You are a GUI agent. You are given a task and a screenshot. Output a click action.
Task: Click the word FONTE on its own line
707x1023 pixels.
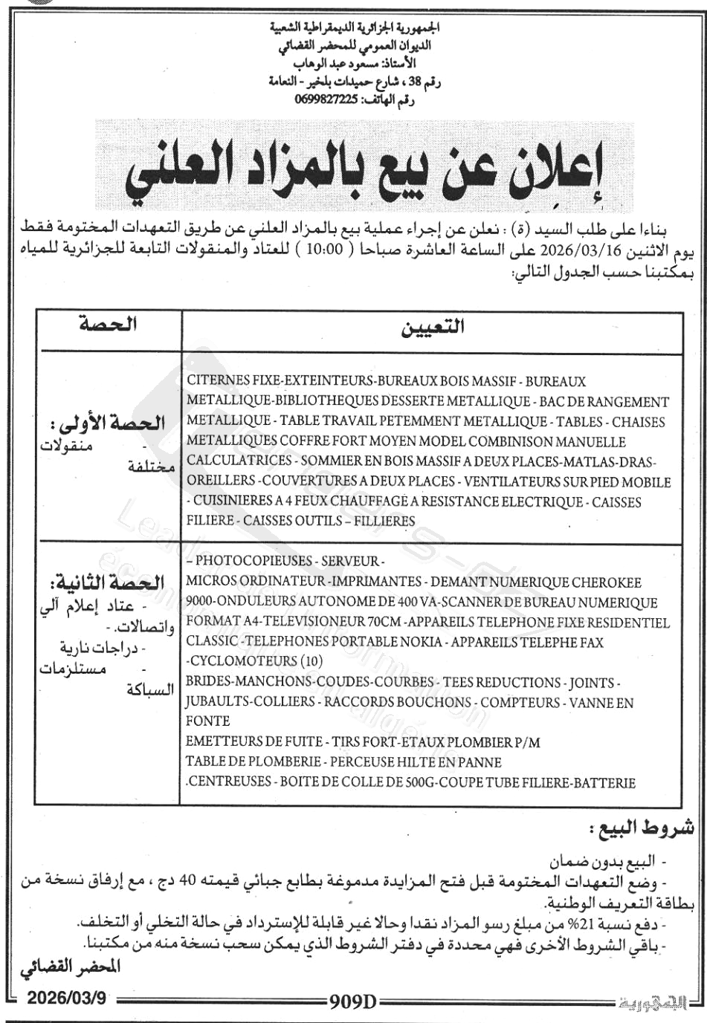click(207, 721)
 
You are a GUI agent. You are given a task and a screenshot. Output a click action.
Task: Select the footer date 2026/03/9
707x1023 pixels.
click(66, 998)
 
